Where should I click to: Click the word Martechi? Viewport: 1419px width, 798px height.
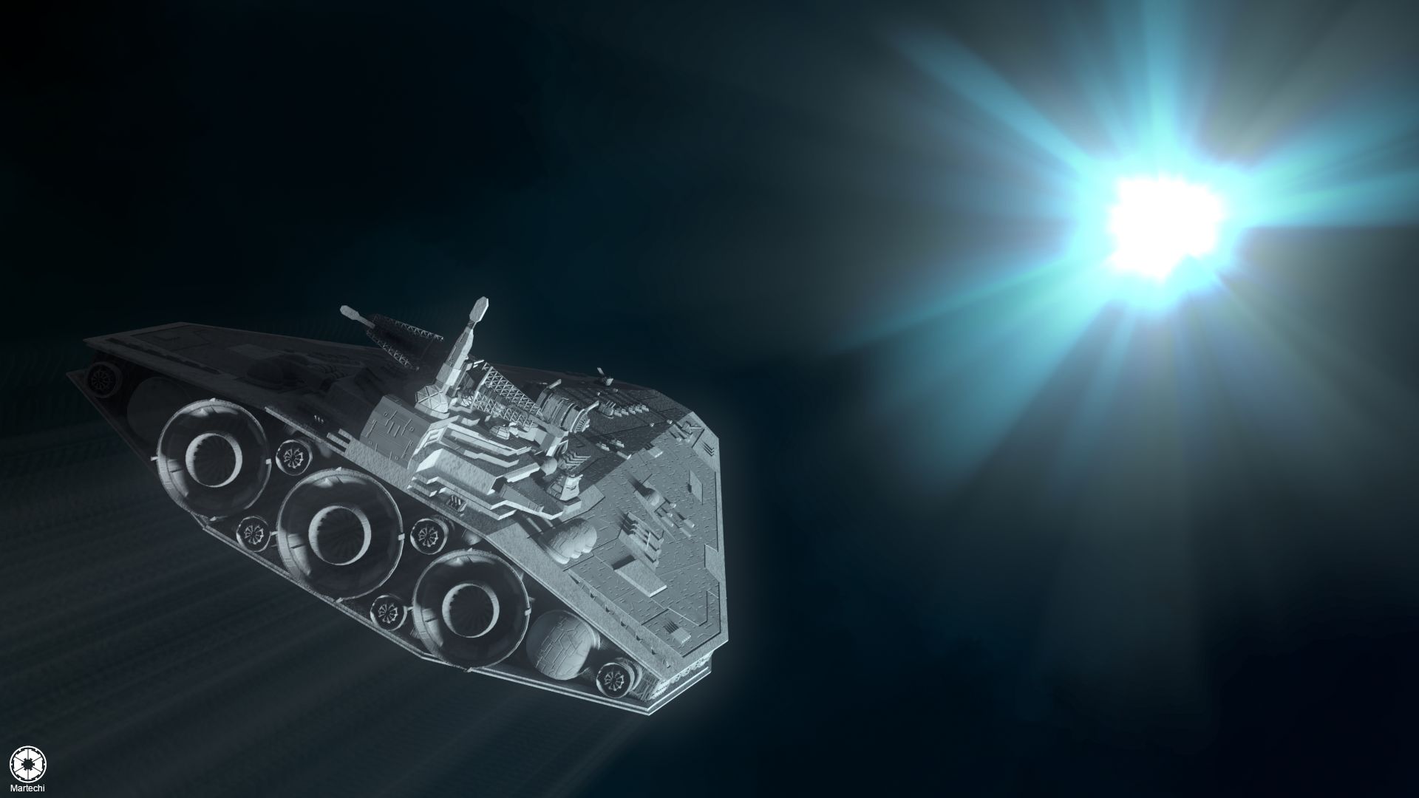[x=27, y=788]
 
